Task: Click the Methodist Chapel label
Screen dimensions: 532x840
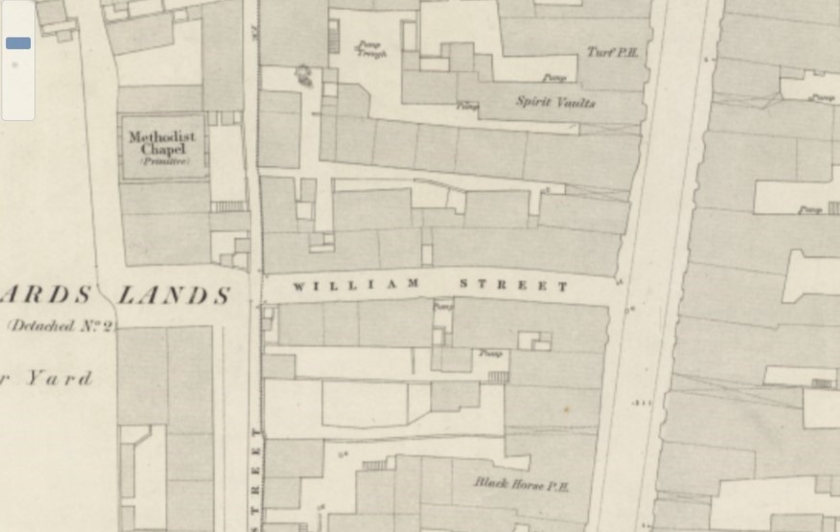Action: pyautogui.click(x=161, y=143)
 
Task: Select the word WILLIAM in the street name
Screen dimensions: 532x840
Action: pyautogui.click(x=356, y=285)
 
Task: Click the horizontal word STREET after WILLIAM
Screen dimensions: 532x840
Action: pyautogui.click(x=514, y=285)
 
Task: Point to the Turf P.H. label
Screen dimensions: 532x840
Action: pyautogui.click(x=612, y=53)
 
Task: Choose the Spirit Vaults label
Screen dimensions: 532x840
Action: pyautogui.click(x=555, y=102)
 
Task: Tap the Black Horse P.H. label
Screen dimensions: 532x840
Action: pyautogui.click(x=522, y=485)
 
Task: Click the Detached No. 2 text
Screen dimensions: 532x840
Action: pyautogui.click(x=59, y=326)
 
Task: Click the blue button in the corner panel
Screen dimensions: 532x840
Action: pyautogui.click(x=18, y=43)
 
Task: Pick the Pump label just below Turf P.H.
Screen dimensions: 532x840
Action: pyautogui.click(x=553, y=78)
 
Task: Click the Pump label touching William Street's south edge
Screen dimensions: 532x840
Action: pyautogui.click(x=442, y=308)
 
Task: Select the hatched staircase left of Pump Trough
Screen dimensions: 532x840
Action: pyautogui.click(x=334, y=39)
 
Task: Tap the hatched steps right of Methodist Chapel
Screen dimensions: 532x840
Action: pyautogui.click(x=228, y=206)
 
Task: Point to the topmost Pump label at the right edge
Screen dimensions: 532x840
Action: pyautogui.click(x=821, y=98)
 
